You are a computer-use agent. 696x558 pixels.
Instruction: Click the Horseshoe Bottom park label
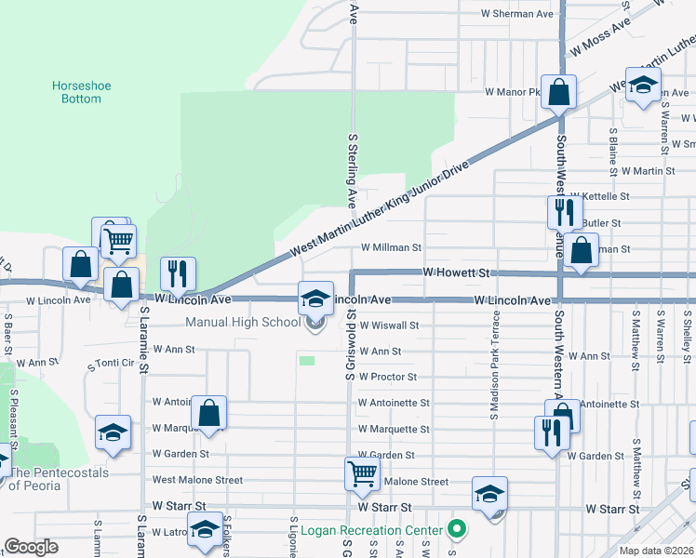point(81,92)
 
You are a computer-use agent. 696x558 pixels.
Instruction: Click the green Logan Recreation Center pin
point(456,531)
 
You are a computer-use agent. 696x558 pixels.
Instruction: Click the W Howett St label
point(456,272)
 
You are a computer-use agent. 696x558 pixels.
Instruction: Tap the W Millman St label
point(391,248)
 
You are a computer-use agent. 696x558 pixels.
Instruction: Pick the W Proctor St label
point(387,378)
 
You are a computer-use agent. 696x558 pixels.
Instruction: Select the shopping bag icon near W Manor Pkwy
point(559,92)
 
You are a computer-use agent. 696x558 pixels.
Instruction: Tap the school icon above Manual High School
point(315,299)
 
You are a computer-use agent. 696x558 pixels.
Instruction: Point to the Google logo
point(31,547)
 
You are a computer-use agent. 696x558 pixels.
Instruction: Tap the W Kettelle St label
point(605,197)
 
